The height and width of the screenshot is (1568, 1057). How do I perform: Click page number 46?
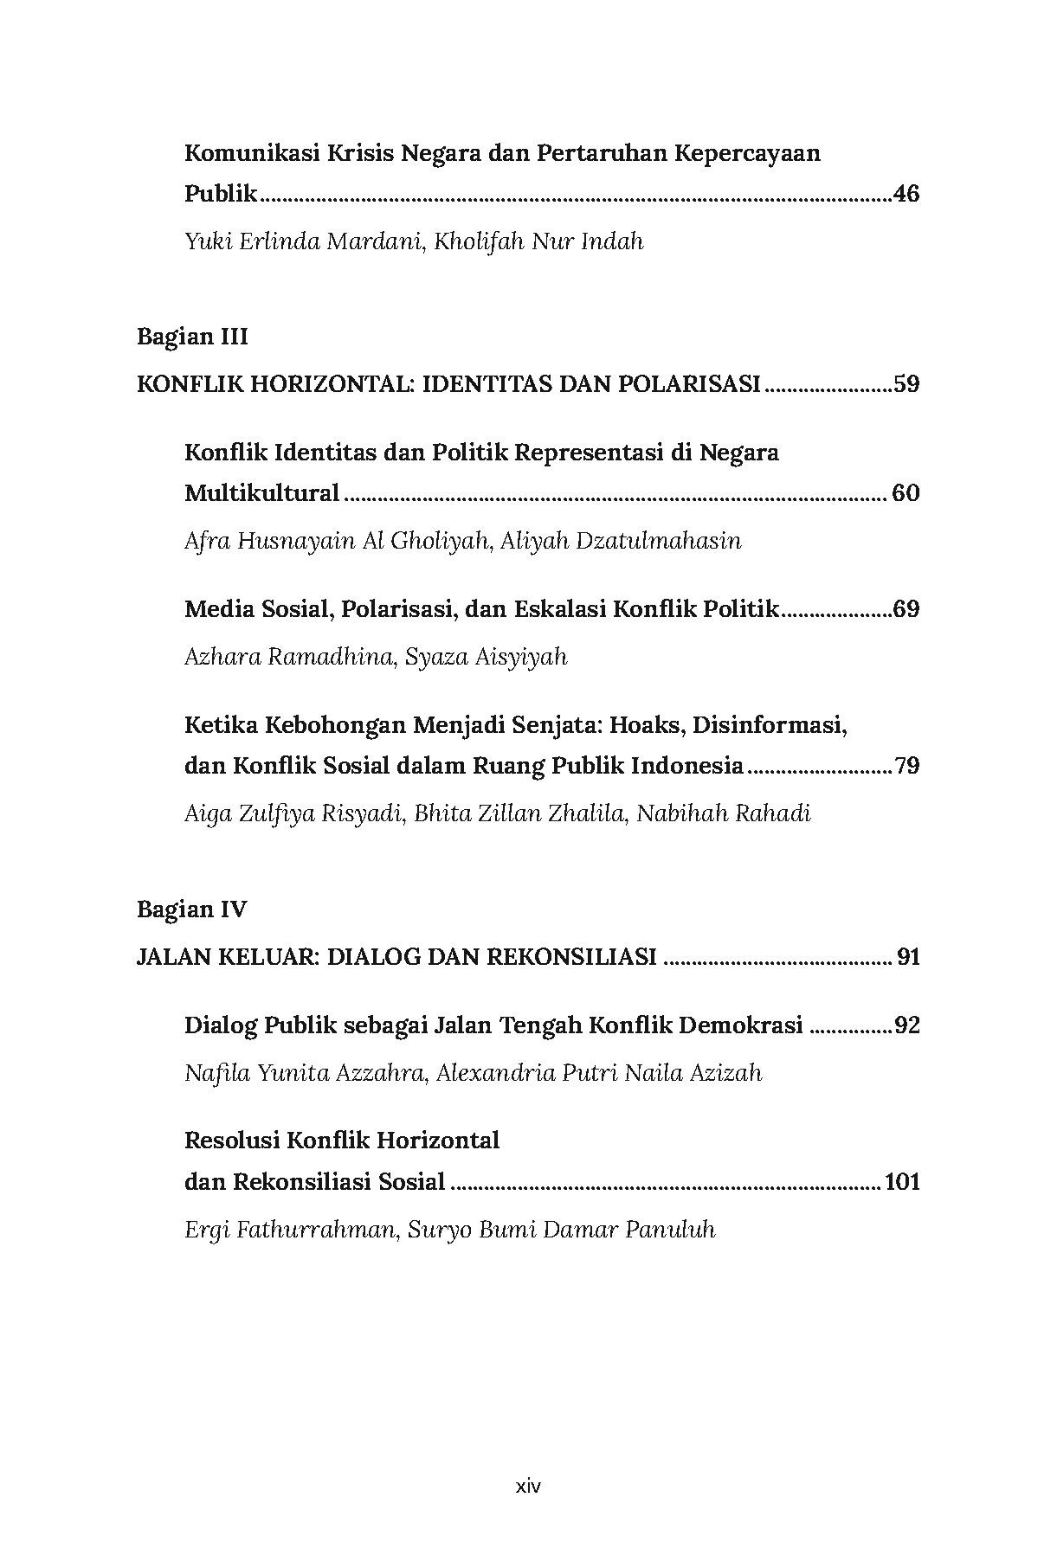tap(905, 194)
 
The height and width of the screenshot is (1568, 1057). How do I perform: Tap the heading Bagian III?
tap(192, 337)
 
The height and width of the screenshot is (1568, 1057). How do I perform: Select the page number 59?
tap(906, 383)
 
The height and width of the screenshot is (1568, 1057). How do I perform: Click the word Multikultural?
tap(261, 493)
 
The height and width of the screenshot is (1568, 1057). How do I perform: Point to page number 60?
tap(905, 493)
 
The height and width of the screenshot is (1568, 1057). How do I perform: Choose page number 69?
tap(906, 609)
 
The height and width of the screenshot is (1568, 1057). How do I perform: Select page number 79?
tap(906, 766)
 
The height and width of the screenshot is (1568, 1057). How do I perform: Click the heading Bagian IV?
tap(192, 909)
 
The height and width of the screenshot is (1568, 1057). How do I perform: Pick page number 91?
tap(908, 957)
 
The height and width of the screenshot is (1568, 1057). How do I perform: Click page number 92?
tap(906, 1025)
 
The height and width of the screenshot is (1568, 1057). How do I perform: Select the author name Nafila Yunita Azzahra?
tap(305, 1073)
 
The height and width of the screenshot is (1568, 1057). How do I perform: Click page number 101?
tap(901, 1181)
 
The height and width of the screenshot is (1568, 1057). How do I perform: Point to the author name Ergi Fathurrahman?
tap(289, 1230)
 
